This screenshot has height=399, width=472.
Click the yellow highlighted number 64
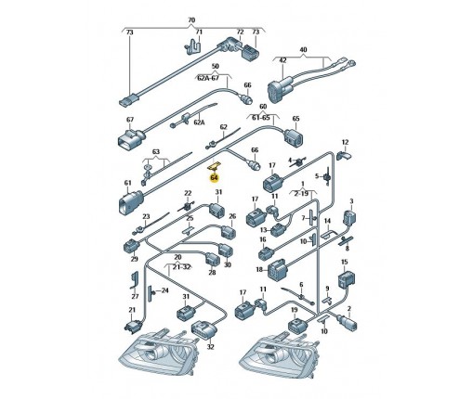[x=214, y=178]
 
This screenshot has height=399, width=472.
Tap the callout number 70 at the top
[x=191, y=20]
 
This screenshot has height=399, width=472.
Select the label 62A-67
[x=208, y=78]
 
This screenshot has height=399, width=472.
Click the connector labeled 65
[x=293, y=138]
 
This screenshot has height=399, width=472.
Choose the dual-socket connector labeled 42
[x=282, y=89]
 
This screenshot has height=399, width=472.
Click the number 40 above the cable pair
[x=303, y=49]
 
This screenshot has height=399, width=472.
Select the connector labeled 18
[x=279, y=270]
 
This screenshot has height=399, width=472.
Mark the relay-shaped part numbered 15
[x=346, y=279]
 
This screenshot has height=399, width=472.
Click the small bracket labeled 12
[x=343, y=155]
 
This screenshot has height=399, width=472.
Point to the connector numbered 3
[x=349, y=217]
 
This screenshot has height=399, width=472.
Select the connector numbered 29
[x=131, y=246]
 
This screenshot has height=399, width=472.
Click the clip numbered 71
[x=193, y=45]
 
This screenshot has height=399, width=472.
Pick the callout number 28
[x=212, y=273]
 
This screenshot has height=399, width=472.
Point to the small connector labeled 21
[x=134, y=326]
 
